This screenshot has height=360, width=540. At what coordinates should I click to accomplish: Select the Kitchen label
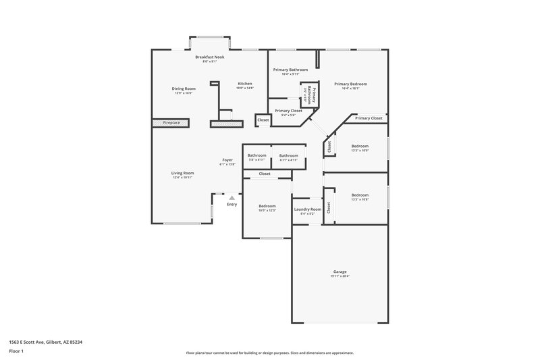(244, 84)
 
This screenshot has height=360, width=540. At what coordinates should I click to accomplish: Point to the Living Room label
(182, 173)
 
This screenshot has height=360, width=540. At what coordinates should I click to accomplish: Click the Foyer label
(227, 160)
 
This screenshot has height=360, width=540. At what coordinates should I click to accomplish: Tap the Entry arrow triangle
(232, 198)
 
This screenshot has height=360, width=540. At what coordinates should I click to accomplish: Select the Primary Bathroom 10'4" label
(290, 70)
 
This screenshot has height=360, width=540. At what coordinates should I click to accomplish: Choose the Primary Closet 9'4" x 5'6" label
(288, 110)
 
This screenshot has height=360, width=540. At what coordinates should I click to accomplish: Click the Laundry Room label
(307, 209)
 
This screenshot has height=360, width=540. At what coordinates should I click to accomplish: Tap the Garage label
(340, 272)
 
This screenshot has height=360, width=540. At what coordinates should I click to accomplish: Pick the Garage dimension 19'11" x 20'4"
(340, 276)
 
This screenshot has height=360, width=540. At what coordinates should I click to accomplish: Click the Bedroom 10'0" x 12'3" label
(267, 206)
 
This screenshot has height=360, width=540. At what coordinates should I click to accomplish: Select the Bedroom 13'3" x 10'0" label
(360, 146)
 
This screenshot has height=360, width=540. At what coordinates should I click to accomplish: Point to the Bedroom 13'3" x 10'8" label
(360, 195)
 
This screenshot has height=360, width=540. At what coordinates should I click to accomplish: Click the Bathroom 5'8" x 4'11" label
(256, 155)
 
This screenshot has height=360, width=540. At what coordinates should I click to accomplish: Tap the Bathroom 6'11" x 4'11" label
(288, 155)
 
